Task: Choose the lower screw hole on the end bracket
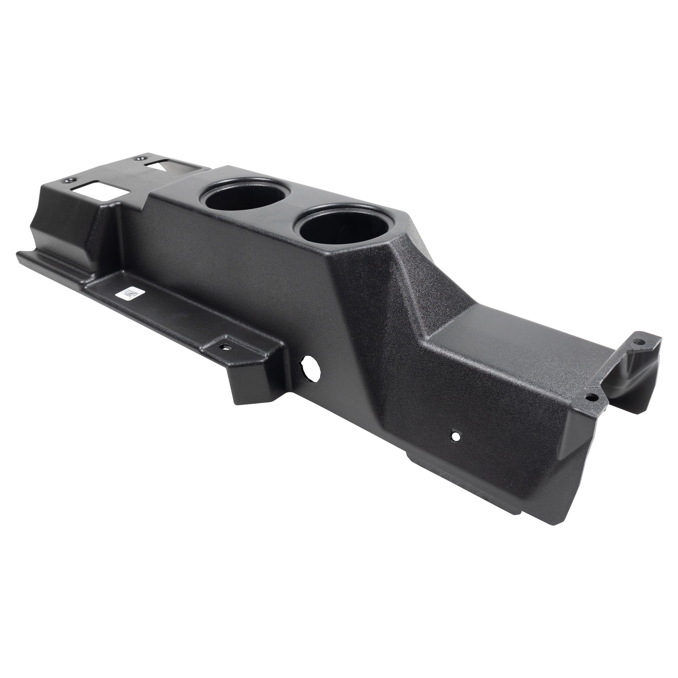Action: tap(593, 397)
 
